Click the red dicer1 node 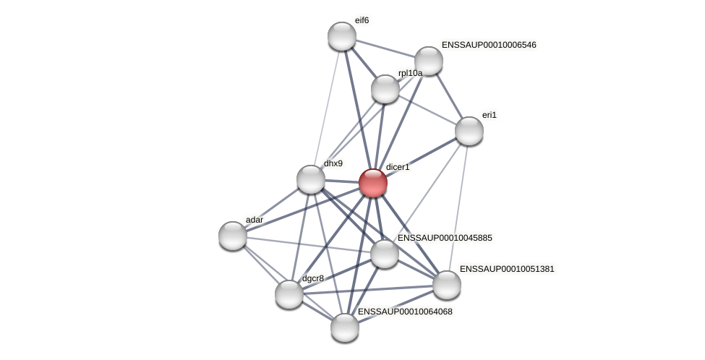(x=373, y=183)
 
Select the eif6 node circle (x=342, y=36)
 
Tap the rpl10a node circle (x=385, y=89)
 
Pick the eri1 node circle (x=469, y=131)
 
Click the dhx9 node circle (x=311, y=179)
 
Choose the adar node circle (x=233, y=236)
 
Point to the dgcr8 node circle (x=289, y=294)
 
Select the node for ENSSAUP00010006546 (x=429, y=61)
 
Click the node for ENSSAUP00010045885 (x=385, y=254)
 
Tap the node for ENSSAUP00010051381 (x=447, y=285)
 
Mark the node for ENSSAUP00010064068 (x=345, y=327)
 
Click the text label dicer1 (x=398, y=167)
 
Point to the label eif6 (x=362, y=20)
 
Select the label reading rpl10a (x=410, y=73)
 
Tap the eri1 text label (x=490, y=115)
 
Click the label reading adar (x=255, y=220)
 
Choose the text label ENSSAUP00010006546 (x=489, y=45)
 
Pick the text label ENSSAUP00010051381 (x=507, y=269)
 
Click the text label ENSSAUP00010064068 (x=405, y=312)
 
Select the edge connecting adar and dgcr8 (x=261, y=265)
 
